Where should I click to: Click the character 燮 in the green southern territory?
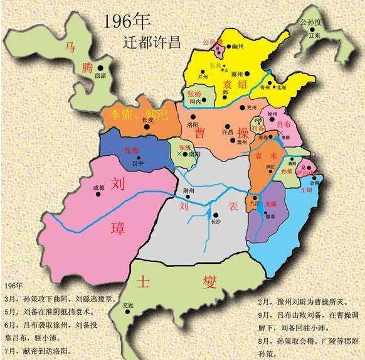pos(208,280)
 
